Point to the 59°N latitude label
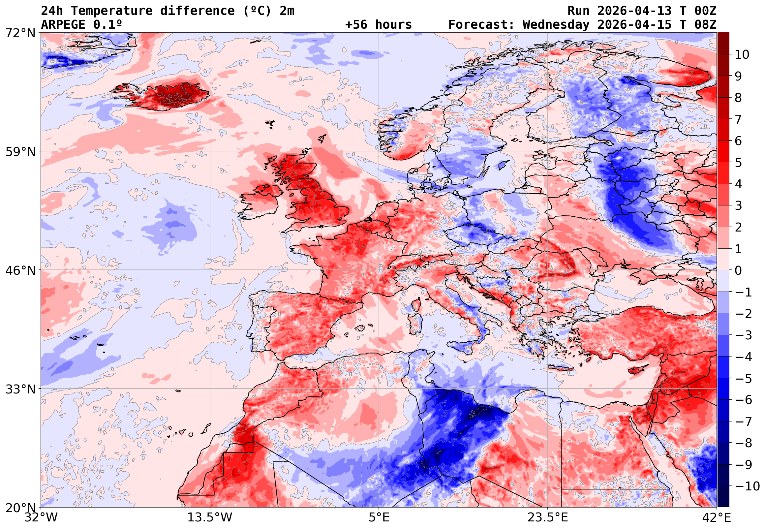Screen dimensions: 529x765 [20, 152]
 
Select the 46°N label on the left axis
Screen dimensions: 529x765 [20, 270]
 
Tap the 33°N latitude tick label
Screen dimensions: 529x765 [20, 389]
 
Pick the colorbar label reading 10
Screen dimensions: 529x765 [742, 55]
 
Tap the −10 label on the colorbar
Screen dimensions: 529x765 [747, 486]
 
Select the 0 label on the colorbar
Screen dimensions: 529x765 [738, 271]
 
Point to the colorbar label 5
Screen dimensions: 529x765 [738, 163]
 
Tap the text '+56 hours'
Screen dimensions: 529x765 [378, 25]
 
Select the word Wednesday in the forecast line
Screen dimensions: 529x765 [556, 25]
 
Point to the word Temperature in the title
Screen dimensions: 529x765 [112, 11]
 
